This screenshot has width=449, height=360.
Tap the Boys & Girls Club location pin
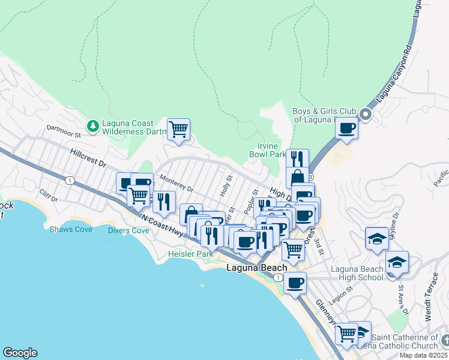tap(365, 113)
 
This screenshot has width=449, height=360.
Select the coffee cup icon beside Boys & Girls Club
tap(347, 128)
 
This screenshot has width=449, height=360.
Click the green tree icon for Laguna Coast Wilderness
tap(92, 125)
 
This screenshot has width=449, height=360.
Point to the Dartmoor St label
tap(63, 129)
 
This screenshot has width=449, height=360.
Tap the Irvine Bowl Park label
tap(268, 150)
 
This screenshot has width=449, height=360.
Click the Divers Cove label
tap(128, 230)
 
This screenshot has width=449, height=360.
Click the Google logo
tap(20, 353)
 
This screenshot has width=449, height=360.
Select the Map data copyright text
tap(423, 355)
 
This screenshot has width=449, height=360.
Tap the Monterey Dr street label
tap(176, 184)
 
